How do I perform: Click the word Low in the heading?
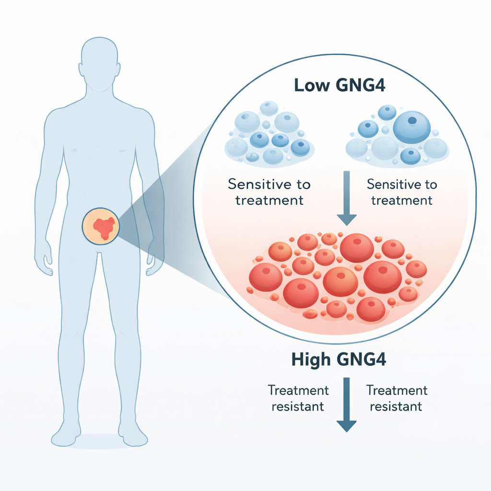coord(310,86)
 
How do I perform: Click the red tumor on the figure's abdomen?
coord(104,227)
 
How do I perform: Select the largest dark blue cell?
coord(411,126)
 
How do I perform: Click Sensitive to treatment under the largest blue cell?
coord(401,192)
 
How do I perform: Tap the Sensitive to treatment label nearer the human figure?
coord(269,192)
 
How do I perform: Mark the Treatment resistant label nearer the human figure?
coord(298,398)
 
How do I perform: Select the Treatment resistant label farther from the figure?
coord(396,398)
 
